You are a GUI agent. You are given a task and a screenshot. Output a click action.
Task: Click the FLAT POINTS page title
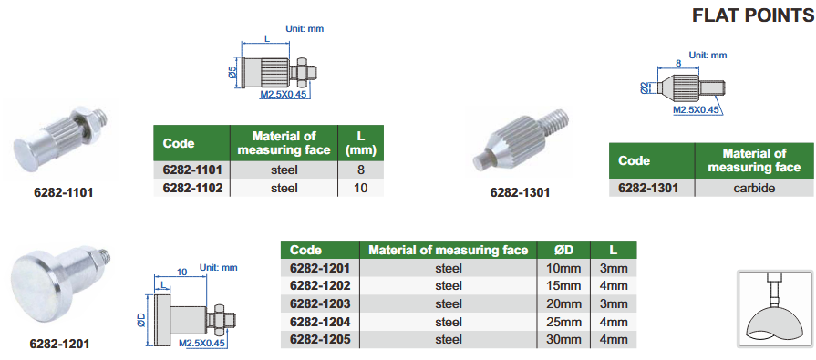tap(753, 16)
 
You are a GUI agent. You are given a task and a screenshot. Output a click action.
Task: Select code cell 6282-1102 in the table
tap(192, 188)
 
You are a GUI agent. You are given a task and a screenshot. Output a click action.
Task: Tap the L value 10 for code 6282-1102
tap(361, 188)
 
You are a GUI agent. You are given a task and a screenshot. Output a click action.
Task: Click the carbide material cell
tap(754, 188)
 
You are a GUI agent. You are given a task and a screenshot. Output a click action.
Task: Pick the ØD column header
tap(564, 251)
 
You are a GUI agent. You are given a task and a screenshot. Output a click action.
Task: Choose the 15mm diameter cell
tap(564, 285)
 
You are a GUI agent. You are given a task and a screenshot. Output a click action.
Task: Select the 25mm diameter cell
tap(564, 322)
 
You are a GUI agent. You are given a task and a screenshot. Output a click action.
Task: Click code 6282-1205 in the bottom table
tap(320, 340)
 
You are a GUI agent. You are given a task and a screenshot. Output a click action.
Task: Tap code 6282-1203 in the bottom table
tap(320, 303)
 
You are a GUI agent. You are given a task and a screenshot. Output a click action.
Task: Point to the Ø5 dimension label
tap(232, 72)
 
